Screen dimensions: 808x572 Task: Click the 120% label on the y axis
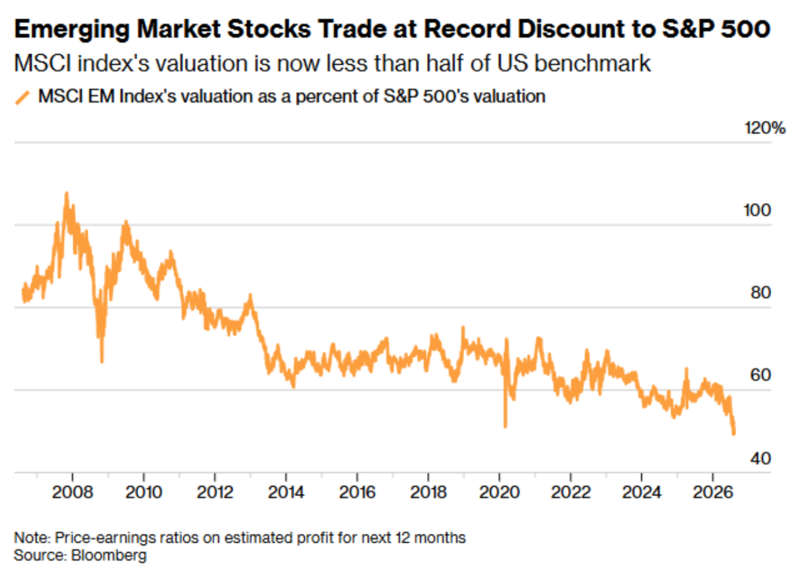coord(765,128)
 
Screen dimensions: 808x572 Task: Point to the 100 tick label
coord(758,210)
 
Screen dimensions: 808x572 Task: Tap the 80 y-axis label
coord(761,292)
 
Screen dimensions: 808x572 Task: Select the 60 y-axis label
coord(761,375)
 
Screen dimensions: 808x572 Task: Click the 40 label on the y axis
coord(761,459)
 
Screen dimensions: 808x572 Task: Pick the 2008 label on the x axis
coord(73,492)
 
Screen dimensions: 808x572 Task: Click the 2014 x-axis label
coord(286,492)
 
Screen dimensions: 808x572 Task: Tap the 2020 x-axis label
coord(500,492)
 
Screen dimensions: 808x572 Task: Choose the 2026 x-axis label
coord(713,492)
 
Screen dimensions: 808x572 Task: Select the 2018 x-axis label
coord(429,492)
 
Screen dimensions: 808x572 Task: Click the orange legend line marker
coord(22,98)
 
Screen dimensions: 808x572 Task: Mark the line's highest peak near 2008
coord(66,193)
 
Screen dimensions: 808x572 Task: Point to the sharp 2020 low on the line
coord(506,427)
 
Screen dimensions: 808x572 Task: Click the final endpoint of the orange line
coord(734,434)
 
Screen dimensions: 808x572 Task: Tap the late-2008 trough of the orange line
coord(102,362)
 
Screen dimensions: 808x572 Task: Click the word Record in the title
coord(467,29)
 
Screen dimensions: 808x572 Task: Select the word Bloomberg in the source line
coord(109,555)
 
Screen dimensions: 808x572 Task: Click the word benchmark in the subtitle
coord(593,64)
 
